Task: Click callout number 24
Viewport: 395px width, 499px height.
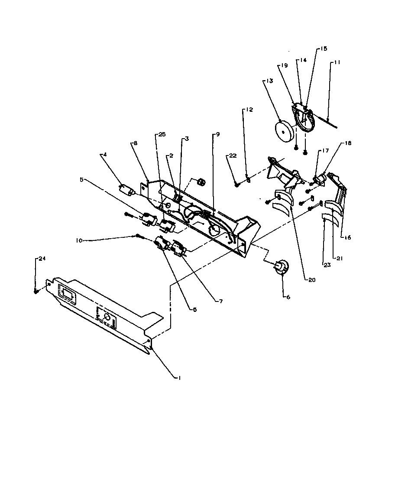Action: point(42,259)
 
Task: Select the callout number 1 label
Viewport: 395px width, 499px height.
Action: point(178,378)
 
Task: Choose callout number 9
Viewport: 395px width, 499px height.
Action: point(217,135)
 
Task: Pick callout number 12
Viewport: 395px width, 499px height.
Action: point(249,110)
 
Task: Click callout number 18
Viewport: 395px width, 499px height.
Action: point(348,143)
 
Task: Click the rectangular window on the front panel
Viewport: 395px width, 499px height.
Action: point(67,295)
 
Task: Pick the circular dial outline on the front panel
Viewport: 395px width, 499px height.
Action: point(107,318)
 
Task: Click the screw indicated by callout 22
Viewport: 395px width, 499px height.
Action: point(237,185)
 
